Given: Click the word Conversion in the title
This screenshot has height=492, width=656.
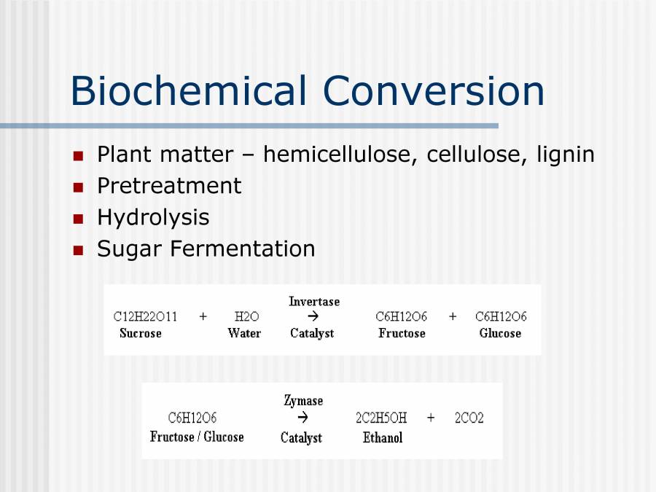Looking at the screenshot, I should click(x=434, y=92).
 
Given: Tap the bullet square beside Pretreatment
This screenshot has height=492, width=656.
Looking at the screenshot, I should click(x=79, y=187).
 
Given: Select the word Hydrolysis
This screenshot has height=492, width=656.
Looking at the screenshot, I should click(x=153, y=217).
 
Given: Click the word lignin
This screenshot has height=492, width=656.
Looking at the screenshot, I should click(x=566, y=155).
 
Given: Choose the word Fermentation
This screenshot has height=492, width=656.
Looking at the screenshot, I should click(x=243, y=249).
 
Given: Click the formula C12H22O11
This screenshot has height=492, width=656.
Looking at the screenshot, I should click(x=145, y=316).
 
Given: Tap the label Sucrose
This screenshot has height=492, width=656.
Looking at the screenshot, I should click(x=141, y=333).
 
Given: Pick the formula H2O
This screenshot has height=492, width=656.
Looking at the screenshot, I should click(x=246, y=316).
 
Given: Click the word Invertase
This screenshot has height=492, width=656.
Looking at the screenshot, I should click(x=314, y=301).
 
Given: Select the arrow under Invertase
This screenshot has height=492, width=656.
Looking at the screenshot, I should click(x=313, y=316).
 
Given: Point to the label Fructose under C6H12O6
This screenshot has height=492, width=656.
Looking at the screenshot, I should click(x=402, y=333).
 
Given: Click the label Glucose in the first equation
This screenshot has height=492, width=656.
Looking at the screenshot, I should click(x=500, y=333).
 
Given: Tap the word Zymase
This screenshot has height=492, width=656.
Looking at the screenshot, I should click(x=303, y=401).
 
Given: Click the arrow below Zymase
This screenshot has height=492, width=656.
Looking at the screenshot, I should click(x=303, y=418).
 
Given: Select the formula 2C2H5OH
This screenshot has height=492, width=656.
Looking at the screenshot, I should click(x=381, y=418).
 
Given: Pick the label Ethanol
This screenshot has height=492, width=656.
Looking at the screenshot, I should click(x=383, y=437).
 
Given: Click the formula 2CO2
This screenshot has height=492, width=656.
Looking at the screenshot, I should click(x=469, y=418).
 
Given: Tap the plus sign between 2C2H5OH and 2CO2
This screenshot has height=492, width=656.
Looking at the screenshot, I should click(x=431, y=418).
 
